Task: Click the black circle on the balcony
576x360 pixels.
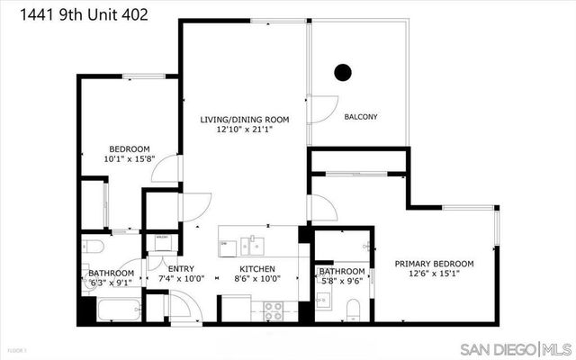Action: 342,72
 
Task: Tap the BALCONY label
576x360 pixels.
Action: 361,117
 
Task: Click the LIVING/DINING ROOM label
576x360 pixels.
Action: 245,119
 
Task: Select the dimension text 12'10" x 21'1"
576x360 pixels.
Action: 245,130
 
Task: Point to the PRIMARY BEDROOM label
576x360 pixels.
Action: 435,264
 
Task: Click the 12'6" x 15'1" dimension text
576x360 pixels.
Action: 435,274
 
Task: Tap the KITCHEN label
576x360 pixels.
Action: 256,269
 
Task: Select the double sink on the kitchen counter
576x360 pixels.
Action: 251,244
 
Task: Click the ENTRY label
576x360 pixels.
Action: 181,269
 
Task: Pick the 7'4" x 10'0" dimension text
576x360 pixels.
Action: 181,279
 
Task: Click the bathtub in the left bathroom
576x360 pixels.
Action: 113,309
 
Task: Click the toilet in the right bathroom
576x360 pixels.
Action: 354,311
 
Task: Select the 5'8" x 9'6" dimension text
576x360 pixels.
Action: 342,282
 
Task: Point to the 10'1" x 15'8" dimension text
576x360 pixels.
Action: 130,159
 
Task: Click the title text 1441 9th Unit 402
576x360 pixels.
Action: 76,14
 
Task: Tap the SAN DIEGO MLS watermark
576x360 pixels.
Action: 515,348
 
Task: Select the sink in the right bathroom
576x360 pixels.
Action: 324,300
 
